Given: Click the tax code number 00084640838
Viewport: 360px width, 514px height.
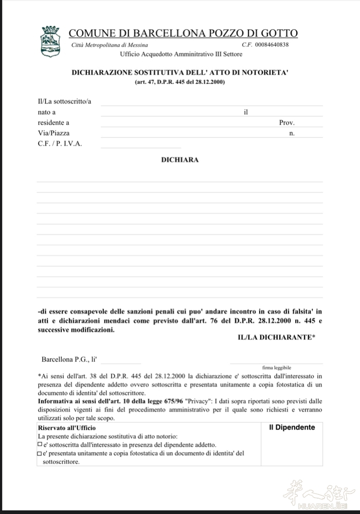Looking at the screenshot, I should point(272,45).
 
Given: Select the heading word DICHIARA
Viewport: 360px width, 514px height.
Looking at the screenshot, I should point(180,160).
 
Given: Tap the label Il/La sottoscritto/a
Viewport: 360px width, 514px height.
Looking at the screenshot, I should point(65,101).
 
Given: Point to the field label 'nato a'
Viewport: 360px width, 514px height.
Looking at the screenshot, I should point(47,112).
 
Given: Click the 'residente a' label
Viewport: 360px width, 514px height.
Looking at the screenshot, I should point(53,122).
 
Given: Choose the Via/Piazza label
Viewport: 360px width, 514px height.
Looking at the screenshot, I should point(53,133).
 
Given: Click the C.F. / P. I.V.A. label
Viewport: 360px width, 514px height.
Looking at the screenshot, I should point(60,144).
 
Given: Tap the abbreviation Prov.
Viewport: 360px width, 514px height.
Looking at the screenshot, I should point(286,123).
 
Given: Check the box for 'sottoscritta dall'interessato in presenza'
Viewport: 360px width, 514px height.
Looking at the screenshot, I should point(40,444).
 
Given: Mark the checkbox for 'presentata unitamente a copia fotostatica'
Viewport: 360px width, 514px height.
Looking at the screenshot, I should point(40,453).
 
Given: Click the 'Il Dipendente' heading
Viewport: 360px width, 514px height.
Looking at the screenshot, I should point(292,427).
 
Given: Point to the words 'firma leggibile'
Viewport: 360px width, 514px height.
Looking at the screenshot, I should point(277,368).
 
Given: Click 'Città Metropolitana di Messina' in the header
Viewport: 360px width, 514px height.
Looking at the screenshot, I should point(110,45).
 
